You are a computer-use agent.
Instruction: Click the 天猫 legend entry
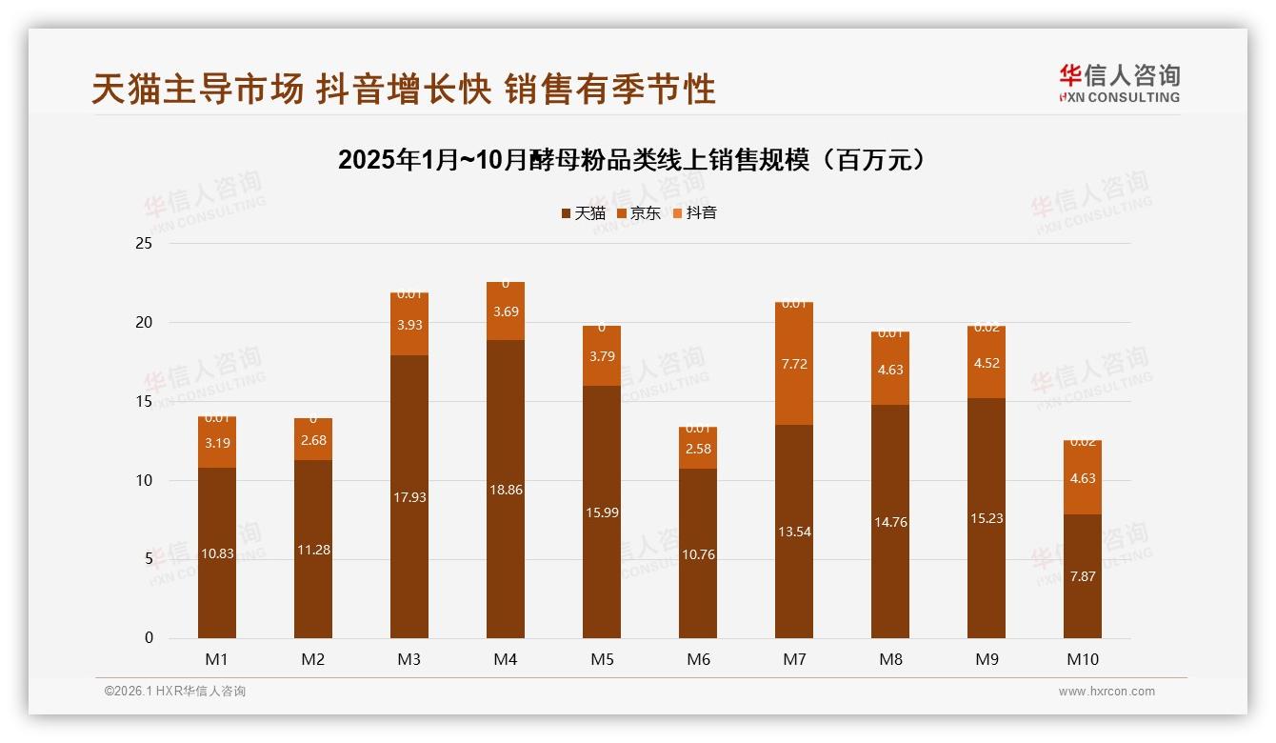click(584, 213)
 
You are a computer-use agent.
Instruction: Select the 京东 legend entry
click(639, 213)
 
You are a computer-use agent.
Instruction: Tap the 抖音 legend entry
click(695, 213)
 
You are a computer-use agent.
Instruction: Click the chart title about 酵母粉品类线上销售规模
click(631, 160)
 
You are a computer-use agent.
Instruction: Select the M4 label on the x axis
click(505, 659)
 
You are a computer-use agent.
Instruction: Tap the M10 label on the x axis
click(1082, 659)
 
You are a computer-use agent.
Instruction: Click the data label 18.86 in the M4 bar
click(505, 490)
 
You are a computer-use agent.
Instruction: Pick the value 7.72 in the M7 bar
click(793, 364)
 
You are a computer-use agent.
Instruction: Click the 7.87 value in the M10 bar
click(1082, 575)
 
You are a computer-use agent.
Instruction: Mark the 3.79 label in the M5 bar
click(601, 357)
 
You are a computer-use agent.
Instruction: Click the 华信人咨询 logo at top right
click(1119, 83)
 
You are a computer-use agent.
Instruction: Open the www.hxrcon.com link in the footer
click(1107, 692)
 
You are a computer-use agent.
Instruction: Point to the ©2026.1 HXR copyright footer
click(175, 692)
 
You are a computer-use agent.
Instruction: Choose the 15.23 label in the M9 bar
click(986, 518)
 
